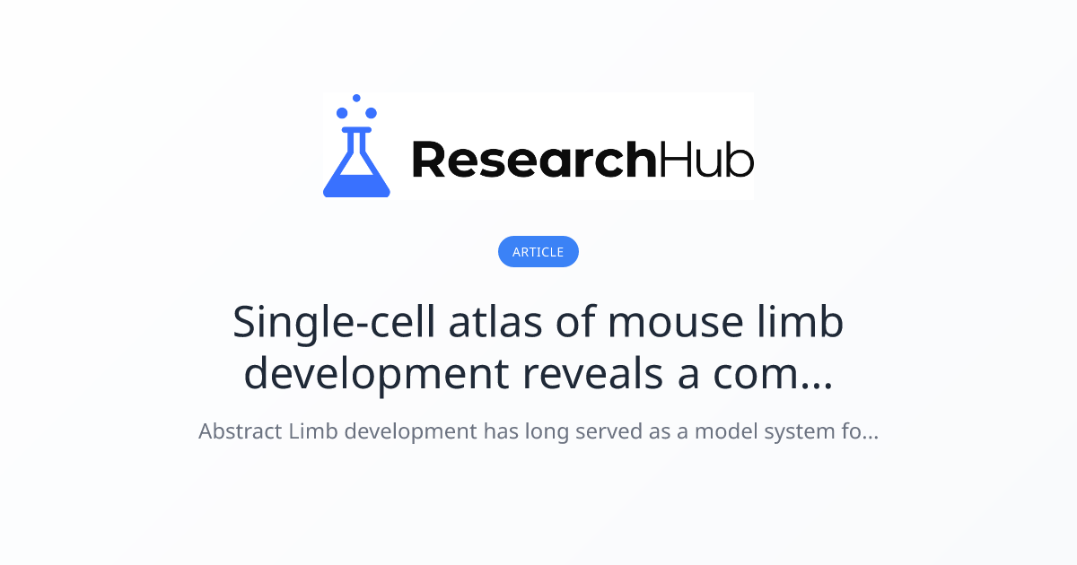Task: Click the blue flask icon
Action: pos(356,165)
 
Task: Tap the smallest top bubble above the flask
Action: pos(356,98)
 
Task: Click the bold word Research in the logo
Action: pos(533,160)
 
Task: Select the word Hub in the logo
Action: pos(706,160)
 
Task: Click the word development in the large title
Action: pos(376,374)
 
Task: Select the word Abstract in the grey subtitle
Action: pos(240,431)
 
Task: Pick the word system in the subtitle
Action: pos(803,431)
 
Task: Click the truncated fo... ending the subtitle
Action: pos(862,431)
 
